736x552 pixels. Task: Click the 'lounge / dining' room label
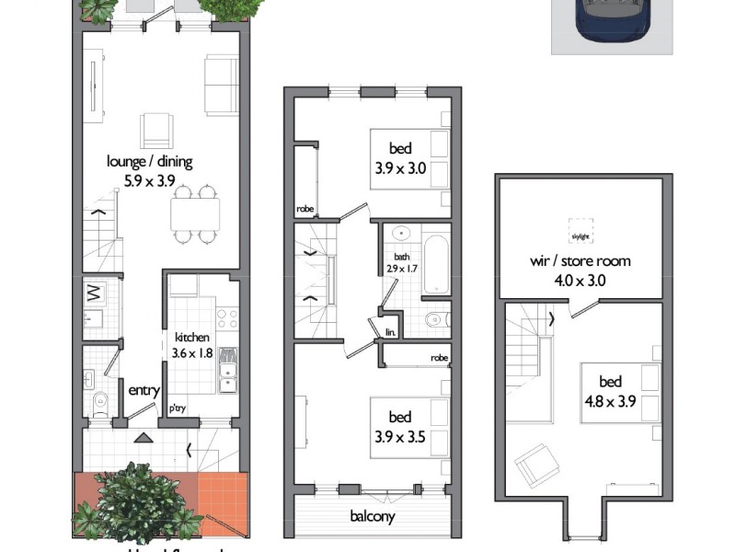(x=149, y=162)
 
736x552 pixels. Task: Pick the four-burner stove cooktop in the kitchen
(x=226, y=320)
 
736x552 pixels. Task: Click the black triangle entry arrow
(x=142, y=439)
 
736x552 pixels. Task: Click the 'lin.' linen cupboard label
(x=390, y=331)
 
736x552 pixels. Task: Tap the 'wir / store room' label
(x=580, y=261)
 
